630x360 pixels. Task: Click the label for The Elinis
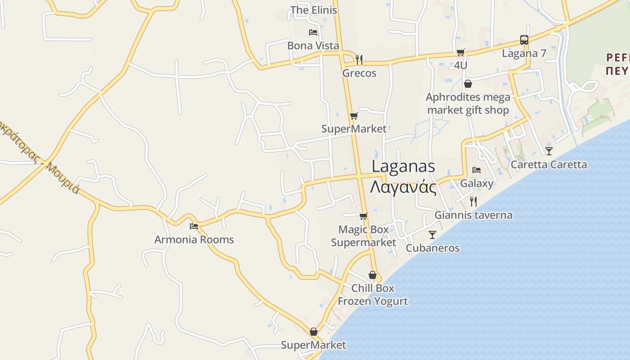coord(313,10)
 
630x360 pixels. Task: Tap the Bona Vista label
coord(313,45)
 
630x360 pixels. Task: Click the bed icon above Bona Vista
coord(313,32)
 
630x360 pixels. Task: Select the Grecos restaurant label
coord(359,73)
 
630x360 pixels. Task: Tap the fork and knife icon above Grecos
coord(359,59)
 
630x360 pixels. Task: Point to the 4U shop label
coord(460,65)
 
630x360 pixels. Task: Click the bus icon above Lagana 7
coord(524,40)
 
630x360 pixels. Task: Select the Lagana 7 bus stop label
coord(524,54)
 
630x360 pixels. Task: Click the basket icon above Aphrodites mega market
coord(468,84)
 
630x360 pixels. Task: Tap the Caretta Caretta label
coord(549,164)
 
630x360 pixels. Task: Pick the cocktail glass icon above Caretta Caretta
coord(549,151)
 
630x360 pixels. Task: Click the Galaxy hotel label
coord(477,183)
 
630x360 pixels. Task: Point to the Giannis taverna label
coord(473,215)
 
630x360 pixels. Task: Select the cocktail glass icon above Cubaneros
coord(432,234)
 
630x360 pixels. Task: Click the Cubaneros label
coord(432,248)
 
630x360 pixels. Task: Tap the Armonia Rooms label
coord(194,239)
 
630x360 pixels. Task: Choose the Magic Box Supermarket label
coord(364,236)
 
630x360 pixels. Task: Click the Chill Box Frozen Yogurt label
coord(373,294)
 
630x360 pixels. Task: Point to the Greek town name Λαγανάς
coord(403,187)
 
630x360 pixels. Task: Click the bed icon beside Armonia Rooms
coord(194,226)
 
